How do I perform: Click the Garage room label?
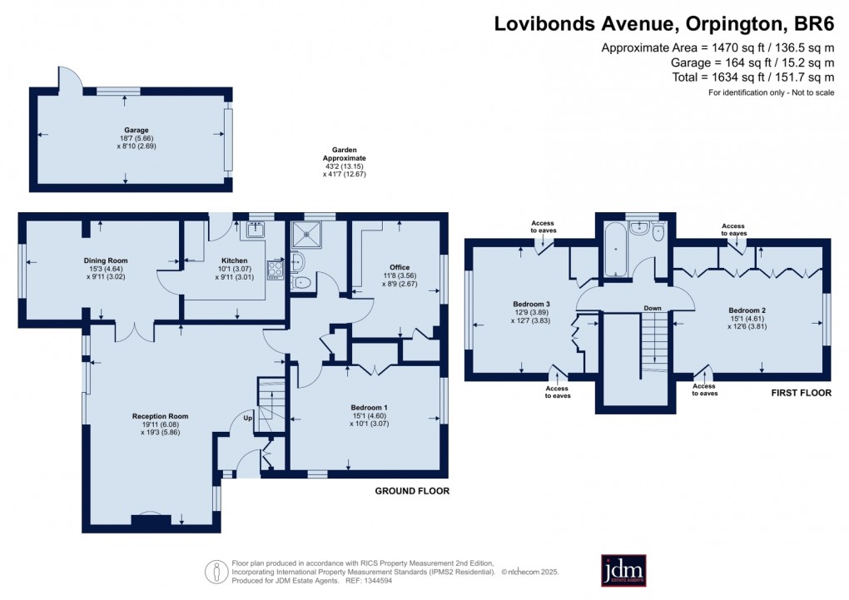click(x=137, y=131)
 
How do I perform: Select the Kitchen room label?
click(x=234, y=260)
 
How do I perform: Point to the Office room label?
click(x=400, y=267)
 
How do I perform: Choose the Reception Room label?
click(x=160, y=416)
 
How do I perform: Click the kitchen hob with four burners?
click(x=275, y=268)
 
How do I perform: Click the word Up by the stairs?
click(x=247, y=418)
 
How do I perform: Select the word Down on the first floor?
click(x=653, y=309)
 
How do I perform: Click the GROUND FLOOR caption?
click(x=412, y=491)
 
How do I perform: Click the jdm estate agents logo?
click(x=623, y=570)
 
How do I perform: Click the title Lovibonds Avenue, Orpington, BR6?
click(x=663, y=22)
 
